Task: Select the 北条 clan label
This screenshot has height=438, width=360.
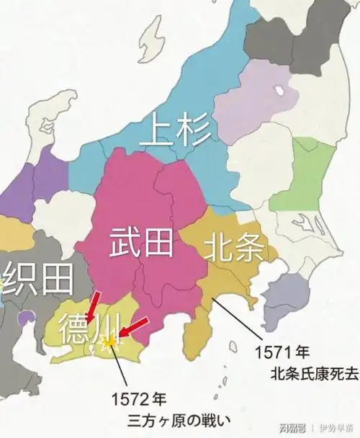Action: (x=240, y=249)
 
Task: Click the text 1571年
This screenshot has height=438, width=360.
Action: (x=283, y=354)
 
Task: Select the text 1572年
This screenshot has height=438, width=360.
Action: (x=142, y=398)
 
